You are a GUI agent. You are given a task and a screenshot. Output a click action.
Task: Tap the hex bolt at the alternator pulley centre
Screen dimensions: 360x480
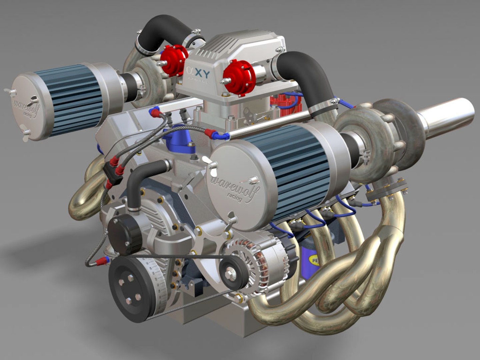coord(230,274)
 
